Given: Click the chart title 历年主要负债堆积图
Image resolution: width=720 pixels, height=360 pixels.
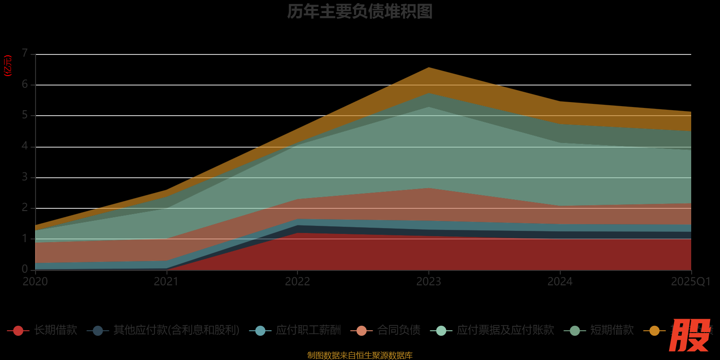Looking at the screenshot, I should click(360, 11).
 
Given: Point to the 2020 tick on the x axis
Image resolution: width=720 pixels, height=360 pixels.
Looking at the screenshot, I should click(35, 282).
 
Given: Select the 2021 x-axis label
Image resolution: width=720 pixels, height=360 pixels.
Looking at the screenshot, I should click(166, 282).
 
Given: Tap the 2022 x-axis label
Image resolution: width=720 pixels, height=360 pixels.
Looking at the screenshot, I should click(297, 282).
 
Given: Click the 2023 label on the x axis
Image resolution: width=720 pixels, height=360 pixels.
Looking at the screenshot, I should click(428, 282).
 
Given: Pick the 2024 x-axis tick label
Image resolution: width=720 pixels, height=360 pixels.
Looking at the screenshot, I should click(560, 282).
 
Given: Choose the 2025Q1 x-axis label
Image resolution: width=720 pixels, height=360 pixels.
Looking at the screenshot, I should click(690, 282).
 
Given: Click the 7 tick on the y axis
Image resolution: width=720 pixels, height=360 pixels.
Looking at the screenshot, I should click(25, 54).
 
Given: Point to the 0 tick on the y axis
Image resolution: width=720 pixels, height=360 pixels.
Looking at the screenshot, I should click(25, 269).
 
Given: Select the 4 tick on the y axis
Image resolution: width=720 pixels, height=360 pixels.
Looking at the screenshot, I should click(25, 146).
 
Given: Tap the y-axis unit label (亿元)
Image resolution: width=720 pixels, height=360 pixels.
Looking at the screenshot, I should click(8, 66).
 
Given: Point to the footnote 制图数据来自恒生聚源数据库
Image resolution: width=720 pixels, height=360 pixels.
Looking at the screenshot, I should click(360, 355).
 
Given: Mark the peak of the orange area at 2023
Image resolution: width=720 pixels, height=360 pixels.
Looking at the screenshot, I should click(429, 68).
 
